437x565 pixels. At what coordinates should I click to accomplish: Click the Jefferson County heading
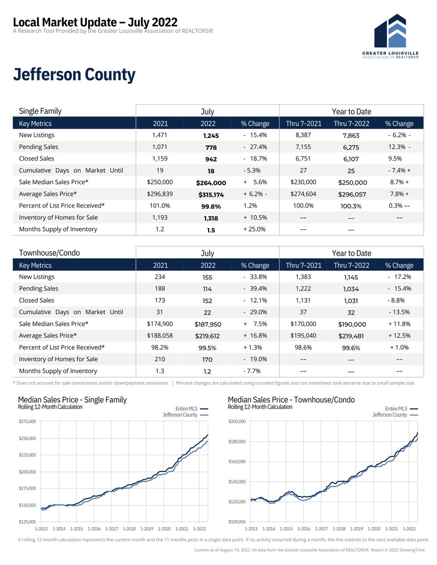point(74,75)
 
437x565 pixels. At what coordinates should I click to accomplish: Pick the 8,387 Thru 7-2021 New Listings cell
point(304,135)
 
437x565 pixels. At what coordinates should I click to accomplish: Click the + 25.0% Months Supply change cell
point(255,229)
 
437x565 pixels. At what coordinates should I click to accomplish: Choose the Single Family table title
point(40,112)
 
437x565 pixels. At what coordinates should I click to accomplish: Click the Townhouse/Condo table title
point(49,253)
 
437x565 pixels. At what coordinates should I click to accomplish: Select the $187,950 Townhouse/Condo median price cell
point(208,324)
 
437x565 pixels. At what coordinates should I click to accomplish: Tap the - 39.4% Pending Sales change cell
point(255,289)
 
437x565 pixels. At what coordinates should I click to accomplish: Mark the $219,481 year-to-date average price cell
point(351,336)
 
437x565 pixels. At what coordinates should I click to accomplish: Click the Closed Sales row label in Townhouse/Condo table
point(36,300)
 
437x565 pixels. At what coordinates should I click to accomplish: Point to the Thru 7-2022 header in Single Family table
point(351,124)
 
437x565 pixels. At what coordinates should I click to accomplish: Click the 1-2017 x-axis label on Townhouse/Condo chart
point(321,529)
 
